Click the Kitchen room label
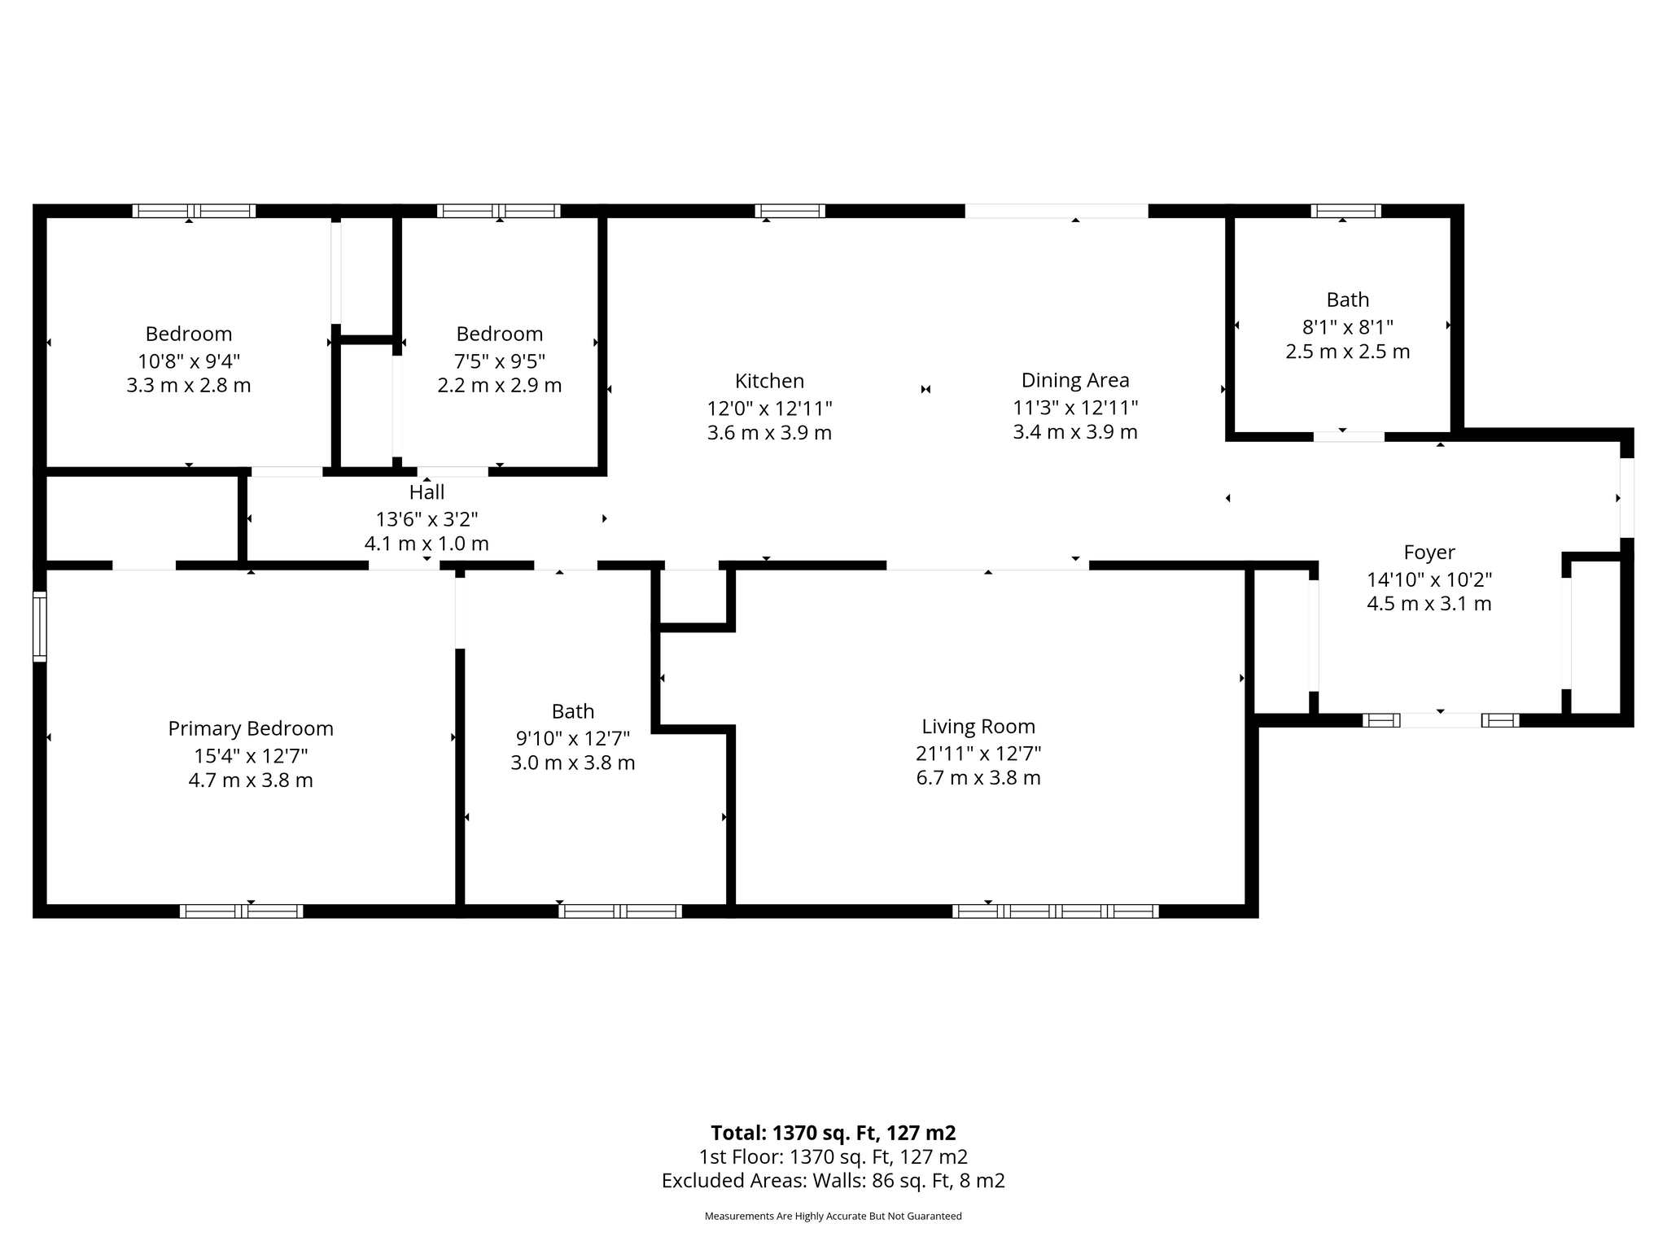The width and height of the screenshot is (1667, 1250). (769, 381)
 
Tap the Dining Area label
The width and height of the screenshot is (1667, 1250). (1075, 380)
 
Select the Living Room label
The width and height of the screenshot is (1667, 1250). (978, 726)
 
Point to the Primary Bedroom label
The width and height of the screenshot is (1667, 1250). (251, 728)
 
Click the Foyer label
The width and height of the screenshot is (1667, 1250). (1429, 553)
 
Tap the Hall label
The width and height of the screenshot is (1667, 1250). (427, 492)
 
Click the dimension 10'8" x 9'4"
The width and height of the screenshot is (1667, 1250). (189, 360)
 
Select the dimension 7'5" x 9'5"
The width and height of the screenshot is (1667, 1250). (500, 360)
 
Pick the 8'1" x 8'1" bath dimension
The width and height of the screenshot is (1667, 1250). (1348, 326)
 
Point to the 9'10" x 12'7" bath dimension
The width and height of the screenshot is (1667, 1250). (573, 738)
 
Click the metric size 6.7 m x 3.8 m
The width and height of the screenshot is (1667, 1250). (978, 778)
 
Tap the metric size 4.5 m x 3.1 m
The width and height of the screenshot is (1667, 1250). (1429, 604)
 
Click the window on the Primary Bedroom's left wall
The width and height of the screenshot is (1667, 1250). (39, 626)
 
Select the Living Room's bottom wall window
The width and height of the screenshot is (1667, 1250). (1056, 911)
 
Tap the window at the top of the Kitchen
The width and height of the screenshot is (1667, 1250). (790, 211)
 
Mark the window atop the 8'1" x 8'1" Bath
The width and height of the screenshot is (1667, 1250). (1345, 211)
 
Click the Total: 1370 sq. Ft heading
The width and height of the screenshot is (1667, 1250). (833, 1133)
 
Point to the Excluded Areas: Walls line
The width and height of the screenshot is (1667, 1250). (833, 1181)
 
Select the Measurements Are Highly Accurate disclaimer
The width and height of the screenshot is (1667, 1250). (833, 1216)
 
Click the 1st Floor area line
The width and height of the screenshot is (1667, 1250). (833, 1156)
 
